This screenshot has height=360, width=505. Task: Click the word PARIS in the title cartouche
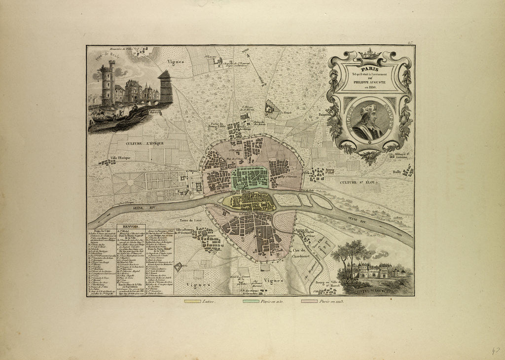369,70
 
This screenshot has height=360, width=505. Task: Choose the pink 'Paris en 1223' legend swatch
309,300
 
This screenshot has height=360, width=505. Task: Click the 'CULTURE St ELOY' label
358,182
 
